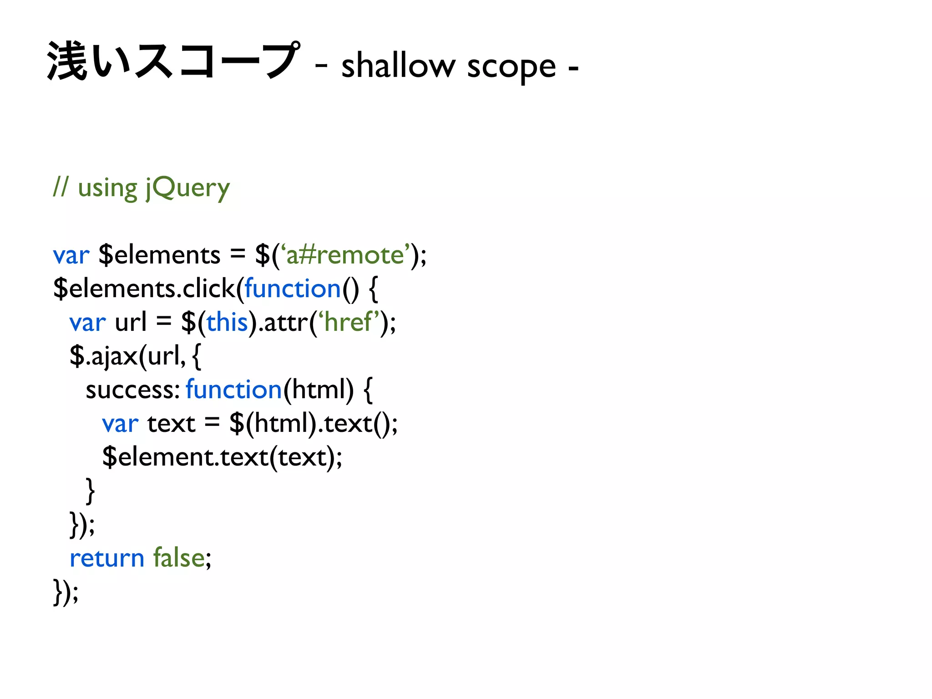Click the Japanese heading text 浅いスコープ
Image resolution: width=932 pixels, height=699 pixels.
click(x=173, y=61)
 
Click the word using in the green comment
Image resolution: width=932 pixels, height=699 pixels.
click(x=107, y=188)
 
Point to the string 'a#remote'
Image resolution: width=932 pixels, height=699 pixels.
click(x=344, y=255)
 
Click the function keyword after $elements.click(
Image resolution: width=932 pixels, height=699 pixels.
click(x=293, y=289)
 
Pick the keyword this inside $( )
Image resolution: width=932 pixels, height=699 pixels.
click(x=227, y=322)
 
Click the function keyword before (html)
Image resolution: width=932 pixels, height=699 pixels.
click(x=234, y=390)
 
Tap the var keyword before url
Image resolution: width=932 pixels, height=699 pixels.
click(x=87, y=323)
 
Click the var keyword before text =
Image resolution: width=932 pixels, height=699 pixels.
click(x=120, y=424)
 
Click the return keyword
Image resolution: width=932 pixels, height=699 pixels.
click(x=106, y=558)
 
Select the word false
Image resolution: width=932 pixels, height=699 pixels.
click(x=179, y=558)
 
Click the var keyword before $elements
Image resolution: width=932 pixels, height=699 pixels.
click(x=71, y=255)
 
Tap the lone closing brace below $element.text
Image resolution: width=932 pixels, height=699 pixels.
click(x=90, y=491)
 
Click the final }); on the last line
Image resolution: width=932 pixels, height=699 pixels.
click(x=66, y=592)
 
